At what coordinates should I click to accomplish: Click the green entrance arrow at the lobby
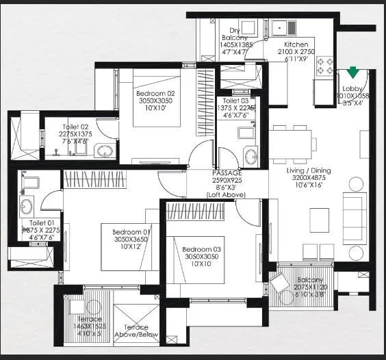coord(353,71)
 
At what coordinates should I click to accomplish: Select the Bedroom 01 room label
coord(131,232)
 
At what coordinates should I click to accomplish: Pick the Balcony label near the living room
coord(309,280)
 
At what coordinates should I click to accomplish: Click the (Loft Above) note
coord(226,195)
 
